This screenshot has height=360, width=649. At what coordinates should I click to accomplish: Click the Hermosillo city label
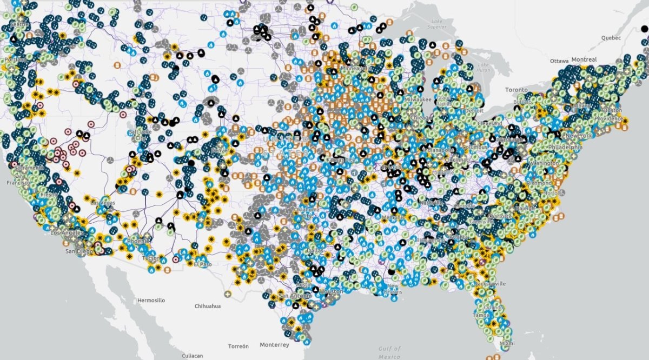[x=151, y=300]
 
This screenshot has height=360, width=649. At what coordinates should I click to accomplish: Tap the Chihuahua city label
[x=208, y=306]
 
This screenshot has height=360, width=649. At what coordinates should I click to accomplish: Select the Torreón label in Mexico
[x=238, y=346]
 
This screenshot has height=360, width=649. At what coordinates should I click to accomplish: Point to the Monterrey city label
[x=274, y=345]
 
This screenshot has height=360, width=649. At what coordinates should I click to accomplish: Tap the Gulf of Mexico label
[x=389, y=352]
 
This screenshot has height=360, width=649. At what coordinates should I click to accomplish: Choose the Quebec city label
[x=612, y=38]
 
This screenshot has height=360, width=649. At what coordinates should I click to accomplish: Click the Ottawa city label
[x=559, y=61]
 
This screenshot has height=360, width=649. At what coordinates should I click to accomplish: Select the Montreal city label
[x=584, y=59]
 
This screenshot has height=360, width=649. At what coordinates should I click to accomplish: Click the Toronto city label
[x=516, y=89]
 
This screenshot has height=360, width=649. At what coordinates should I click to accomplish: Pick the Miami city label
[x=507, y=344]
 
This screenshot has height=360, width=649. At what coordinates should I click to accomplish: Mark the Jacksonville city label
[x=491, y=283]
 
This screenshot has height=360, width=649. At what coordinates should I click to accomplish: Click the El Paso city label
[x=202, y=264]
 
